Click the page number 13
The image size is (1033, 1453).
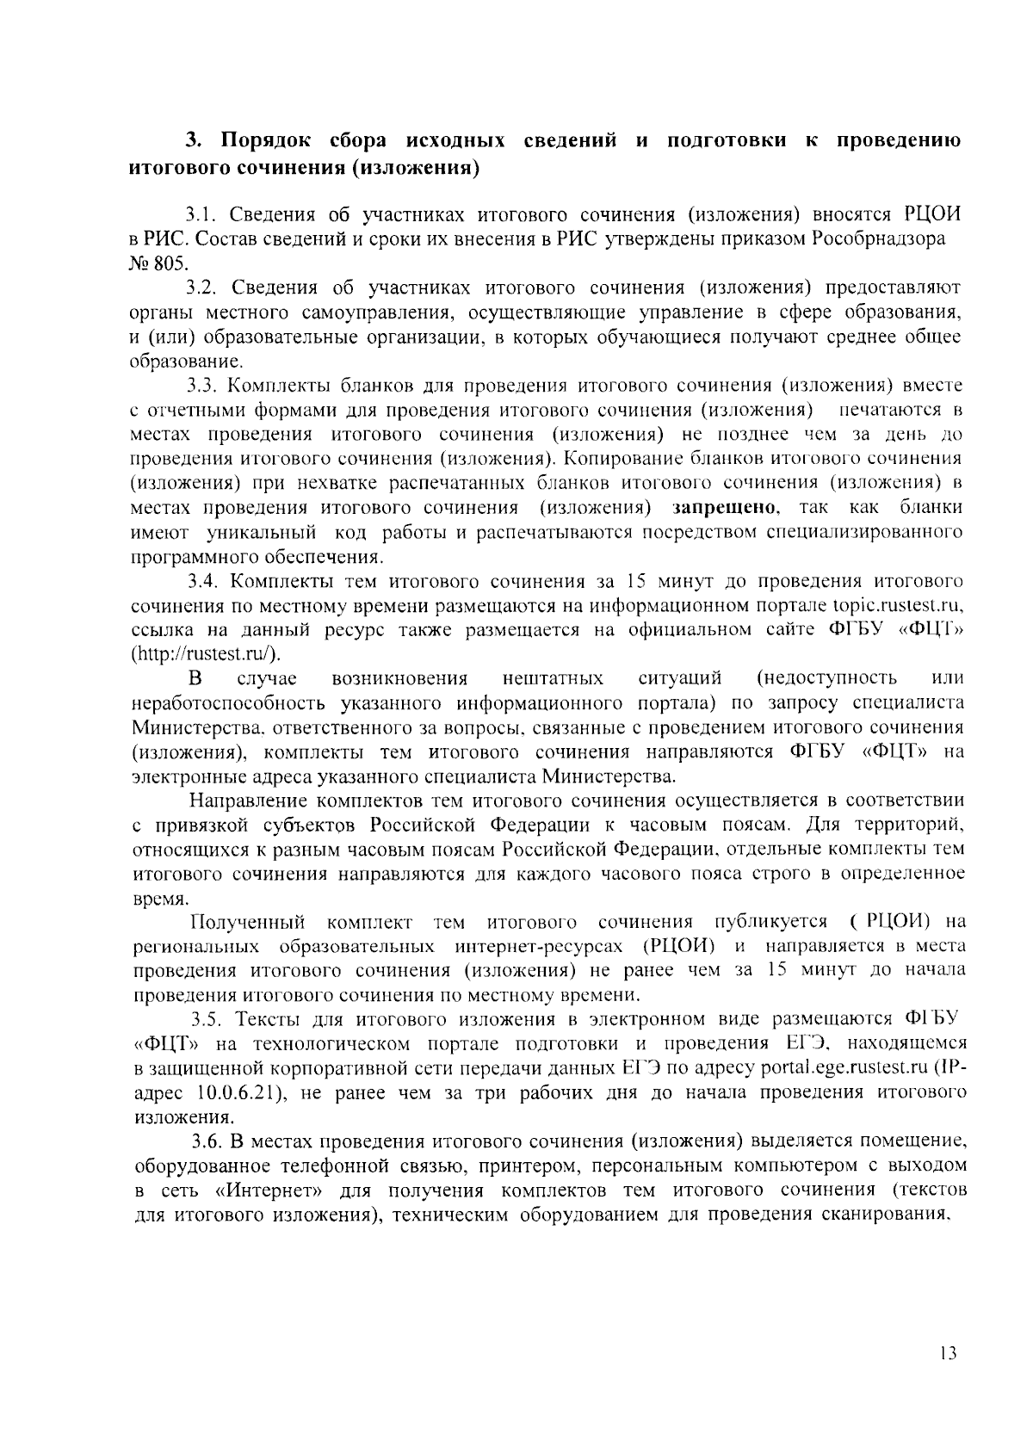coord(949,1352)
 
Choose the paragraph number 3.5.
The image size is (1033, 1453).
coord(207,1020)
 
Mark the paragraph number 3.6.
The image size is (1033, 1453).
coord(207,1142)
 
